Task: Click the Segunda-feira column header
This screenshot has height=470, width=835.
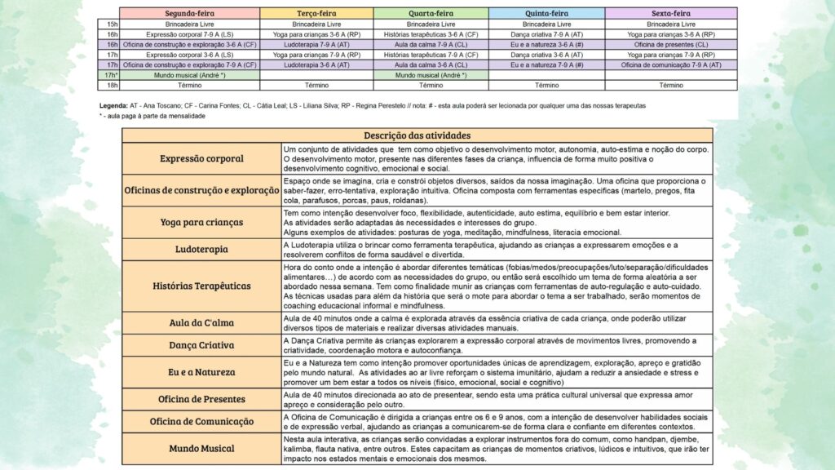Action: pos(189,14)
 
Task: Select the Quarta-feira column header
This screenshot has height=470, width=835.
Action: pos(431,14)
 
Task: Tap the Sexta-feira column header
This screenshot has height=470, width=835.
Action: pos(671,14)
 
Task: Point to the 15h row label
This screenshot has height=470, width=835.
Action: pos(113,24)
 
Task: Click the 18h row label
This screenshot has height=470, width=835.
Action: pos(113,85)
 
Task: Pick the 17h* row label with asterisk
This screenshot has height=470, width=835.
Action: pos(113,75)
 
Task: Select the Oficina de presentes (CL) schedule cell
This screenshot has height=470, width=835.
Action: pos(671,45)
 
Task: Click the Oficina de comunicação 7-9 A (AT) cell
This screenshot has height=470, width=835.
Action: pos(671,64)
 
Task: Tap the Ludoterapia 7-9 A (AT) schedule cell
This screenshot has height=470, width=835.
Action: pos(316,45)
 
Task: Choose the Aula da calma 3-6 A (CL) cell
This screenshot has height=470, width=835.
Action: pos(431,45)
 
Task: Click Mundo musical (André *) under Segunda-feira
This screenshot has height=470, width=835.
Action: pos(189,75)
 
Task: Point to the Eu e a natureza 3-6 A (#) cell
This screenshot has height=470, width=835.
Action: pos(547,45)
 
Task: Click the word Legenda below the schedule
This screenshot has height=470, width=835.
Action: pos(112,106)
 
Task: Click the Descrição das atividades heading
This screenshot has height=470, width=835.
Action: pos(417,135)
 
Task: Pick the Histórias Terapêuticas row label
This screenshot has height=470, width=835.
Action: pos(201,286)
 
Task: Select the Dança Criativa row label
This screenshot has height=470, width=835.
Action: pos(201,345)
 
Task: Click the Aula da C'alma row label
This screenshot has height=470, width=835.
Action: pos(201,322)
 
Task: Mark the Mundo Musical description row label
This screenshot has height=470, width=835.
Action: pos(201,448)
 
